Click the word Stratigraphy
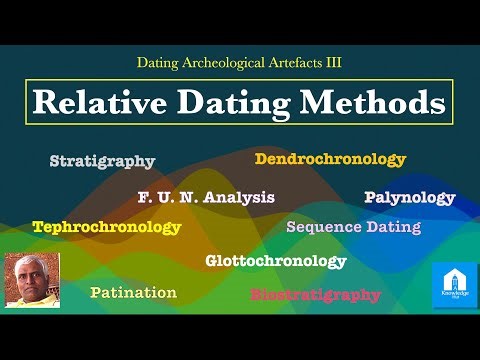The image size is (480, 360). [102, 161]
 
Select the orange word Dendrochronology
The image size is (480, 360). [330, 159]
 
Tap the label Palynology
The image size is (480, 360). [409, 197]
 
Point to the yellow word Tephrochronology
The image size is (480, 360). [106, 227]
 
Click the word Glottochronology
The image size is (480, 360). [275, 261]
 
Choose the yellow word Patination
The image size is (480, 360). [133, 293]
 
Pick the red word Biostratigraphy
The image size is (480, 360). [315, 295]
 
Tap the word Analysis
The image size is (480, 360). [238, 197]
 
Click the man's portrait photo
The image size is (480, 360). [32, 279]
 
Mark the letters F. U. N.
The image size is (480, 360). [167, 197]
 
